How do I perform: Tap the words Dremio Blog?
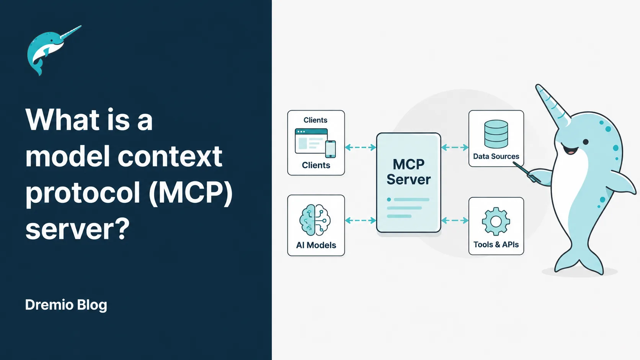[x=66, y=305]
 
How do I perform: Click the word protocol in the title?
[x=83, y=194]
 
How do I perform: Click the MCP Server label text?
[x=408, y=172]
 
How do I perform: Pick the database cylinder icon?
[x=496, y=134]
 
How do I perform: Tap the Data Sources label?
[x=496, y=156]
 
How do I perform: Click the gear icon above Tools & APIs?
[x=496, y=221]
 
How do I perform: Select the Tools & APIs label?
[x=496, y=244]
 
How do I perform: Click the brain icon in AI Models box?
[x=315, y=220]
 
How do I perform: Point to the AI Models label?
[x=316, y=245]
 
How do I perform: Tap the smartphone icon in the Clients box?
[x=331, y=149]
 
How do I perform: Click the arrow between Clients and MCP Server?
[x=361, y=147]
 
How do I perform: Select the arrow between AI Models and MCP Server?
[x=361, y=220]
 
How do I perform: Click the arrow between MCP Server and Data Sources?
[x=455, y=147]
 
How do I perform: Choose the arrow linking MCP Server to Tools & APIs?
[x=455, y=220]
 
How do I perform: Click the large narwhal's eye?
[x=585, y=142]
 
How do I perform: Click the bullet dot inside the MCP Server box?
[x=389, y=200]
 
